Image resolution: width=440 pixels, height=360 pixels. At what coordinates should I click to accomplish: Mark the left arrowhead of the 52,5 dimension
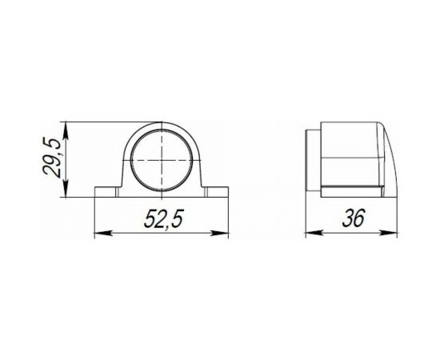[99, 234]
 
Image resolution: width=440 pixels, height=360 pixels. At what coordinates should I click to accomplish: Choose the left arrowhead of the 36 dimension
[311, 234]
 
